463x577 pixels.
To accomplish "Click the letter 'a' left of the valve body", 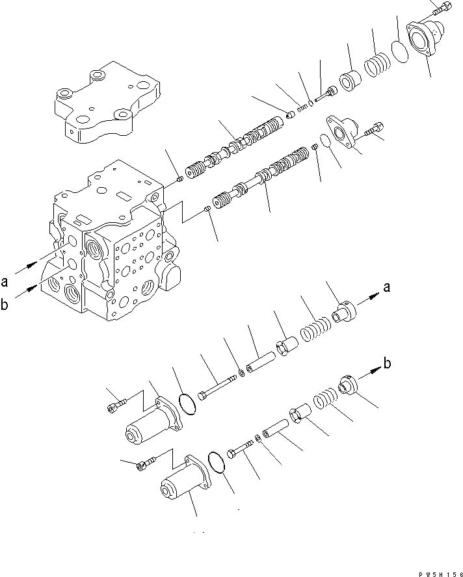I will (x=5, y=281).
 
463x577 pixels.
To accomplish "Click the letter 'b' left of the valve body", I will (x=5, y=306).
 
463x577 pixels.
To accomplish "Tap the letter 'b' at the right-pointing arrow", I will (x=387, y=365).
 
